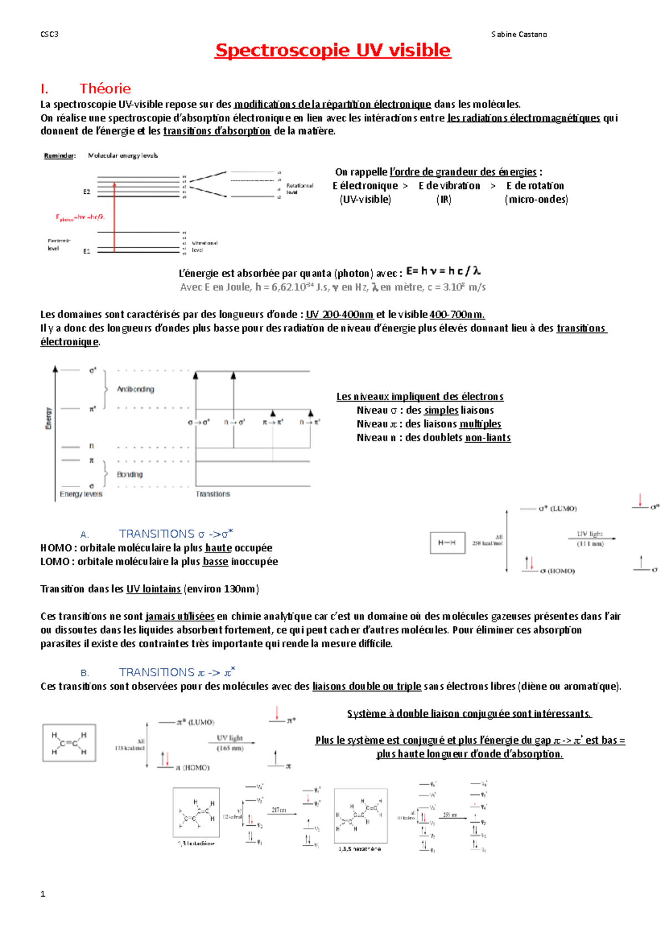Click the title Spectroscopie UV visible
point(332,50)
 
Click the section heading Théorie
point(105,89)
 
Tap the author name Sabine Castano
point(519,34)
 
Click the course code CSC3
point(49,34)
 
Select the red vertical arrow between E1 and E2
point(114,216)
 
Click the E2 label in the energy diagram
point(87,192)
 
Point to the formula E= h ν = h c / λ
point(443,271)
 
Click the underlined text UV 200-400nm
point(339,315)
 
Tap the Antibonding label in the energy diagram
point(135,390)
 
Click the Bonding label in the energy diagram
point(130,474)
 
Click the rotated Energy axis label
point(49,418)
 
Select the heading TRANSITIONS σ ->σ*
point(176,534)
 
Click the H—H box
point(447,543)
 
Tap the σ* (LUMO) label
point(557,508)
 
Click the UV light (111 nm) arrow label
point(590,538)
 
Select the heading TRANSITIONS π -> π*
point(177,672)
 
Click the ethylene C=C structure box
point(69,743)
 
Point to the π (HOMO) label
point(193,768)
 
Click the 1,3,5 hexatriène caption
point(360,848)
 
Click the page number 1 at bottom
point(43,894)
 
